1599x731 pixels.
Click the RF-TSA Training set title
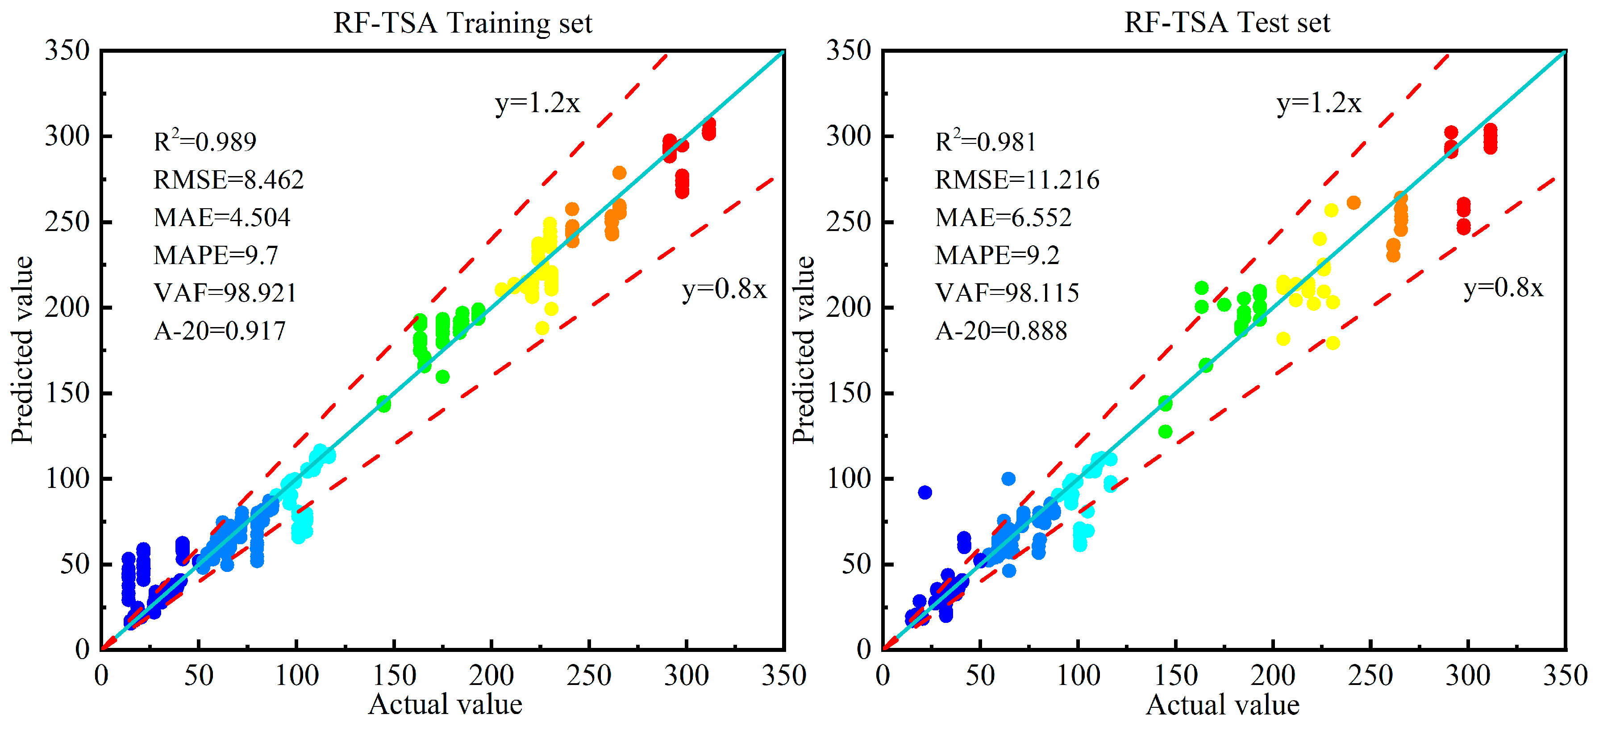pos(462,23)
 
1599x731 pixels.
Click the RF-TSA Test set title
pos(1227,23)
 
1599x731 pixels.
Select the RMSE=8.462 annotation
pos(229,180)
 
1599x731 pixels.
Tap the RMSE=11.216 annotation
pos(1017,180)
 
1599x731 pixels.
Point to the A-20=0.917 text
pos(220,331)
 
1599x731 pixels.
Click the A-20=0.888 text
pos(1001,331)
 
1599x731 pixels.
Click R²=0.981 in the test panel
pos(986,142)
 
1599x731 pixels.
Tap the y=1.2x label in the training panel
pos(537,103)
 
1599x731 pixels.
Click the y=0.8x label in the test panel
pos(1503,288)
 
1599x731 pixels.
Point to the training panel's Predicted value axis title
pos(22,350)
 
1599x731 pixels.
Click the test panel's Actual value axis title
pos(1222,705)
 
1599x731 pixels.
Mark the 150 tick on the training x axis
pos(395,676)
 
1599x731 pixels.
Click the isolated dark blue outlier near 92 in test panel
pos(925,492)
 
